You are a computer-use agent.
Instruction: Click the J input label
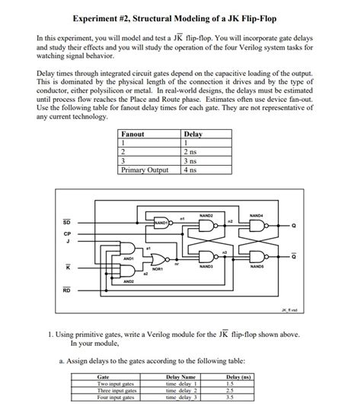click(x=66, y=243)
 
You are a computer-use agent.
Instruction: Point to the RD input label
click(x=66, y=290)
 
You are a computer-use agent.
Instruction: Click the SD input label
click(x=66, y=222)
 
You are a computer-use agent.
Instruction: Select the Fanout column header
click(x=133, y=134)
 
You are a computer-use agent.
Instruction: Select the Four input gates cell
click(x=117, y=397)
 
